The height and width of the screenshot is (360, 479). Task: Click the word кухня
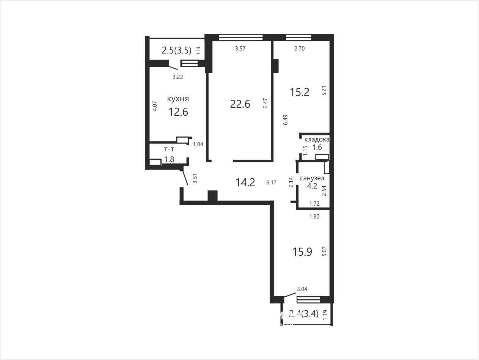(x=178, y=99)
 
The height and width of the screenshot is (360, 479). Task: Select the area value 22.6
(x=240, y=104)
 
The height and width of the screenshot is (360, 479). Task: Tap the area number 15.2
(x=300, y=92)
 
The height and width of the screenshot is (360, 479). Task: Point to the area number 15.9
(x=302, y=252)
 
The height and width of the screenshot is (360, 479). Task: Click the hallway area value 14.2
(x=245, y=182)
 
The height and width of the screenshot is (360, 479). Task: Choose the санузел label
(x=312, y=178)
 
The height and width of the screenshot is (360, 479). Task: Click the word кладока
(x=317, y=140)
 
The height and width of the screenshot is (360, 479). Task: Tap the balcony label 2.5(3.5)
(x=176, y=50)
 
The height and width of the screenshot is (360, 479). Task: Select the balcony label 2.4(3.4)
(x=304, y=314)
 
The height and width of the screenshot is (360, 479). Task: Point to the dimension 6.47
(x=265, y=103)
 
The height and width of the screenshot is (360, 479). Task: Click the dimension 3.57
(x=240, y=49)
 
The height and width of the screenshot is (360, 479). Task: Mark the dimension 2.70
(x=299, y=49)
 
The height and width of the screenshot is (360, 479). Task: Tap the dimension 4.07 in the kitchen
(x=155, y=106)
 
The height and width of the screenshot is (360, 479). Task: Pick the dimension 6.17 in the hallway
(x=272, y=182)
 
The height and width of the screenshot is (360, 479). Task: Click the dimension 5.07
(x=325, y=251)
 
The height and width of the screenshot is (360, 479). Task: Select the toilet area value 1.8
(x=170, y=159)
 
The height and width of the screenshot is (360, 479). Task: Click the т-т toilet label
(x=169, y=149)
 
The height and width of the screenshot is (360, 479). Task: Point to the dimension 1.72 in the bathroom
(x=314, y=204)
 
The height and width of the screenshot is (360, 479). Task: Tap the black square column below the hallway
(x=212, y=196)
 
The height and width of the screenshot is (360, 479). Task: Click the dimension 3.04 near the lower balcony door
(x=302, y=289)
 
